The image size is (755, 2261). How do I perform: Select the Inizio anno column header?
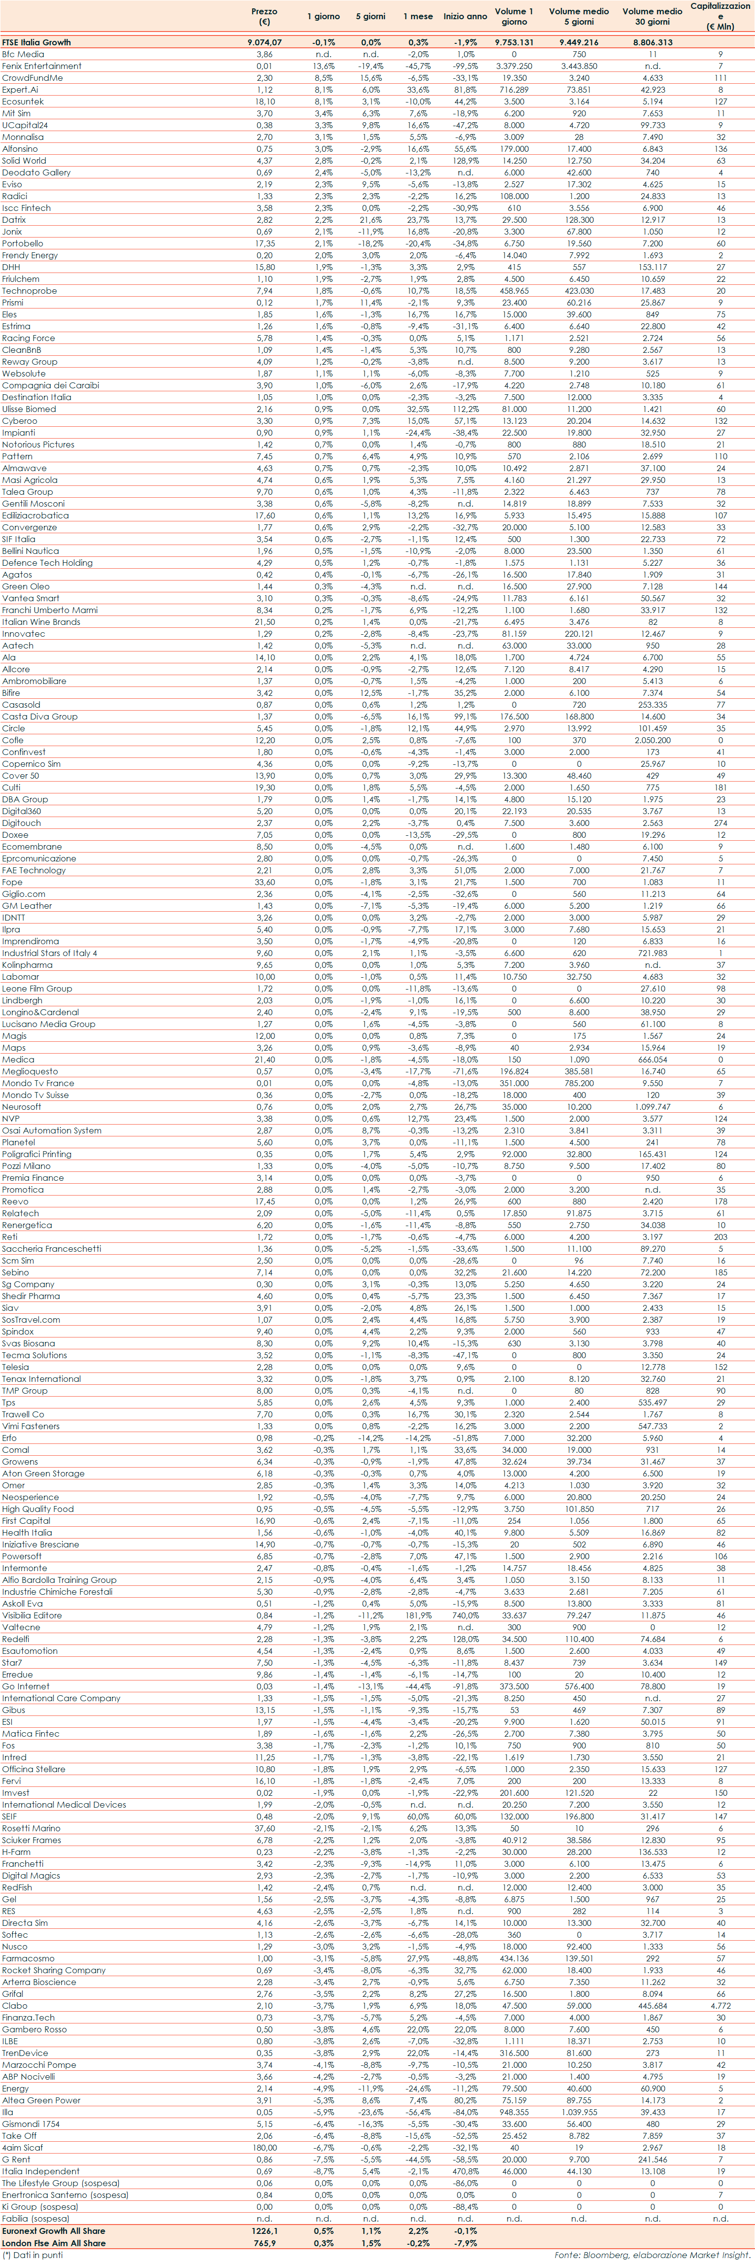coord(464,17)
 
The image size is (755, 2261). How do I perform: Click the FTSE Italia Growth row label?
coord(37,42)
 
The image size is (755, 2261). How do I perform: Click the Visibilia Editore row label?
coord(32,1615)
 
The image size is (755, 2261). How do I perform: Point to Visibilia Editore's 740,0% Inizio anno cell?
coord(464,1615)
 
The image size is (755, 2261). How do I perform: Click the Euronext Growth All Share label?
coord(54,2231)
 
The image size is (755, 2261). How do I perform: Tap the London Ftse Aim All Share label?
coord(54,2243)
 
